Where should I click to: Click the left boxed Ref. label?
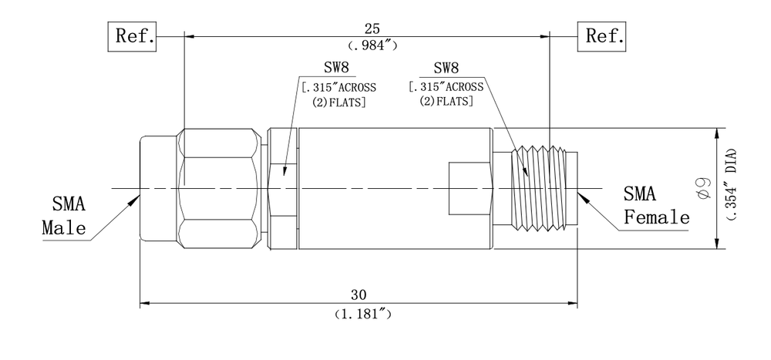click(134, 35)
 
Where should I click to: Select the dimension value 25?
click(372, 29)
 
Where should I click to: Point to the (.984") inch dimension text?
click(372, 45)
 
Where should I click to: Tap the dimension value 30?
click(359, 294)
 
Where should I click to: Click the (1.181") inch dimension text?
click(359, 314)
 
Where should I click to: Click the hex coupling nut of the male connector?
click(220, 188)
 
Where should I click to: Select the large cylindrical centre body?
click(393, 188)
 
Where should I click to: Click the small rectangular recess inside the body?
click(469, 188)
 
